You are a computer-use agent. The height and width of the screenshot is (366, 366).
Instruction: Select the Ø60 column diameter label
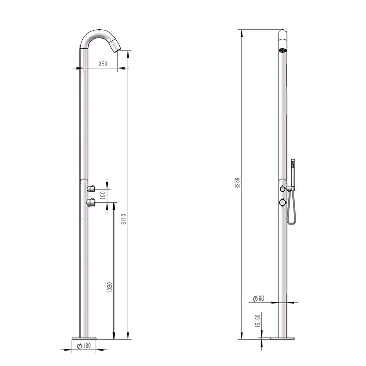[x=258, y=299]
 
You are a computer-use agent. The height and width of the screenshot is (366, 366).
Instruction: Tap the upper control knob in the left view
[x=91, y=188]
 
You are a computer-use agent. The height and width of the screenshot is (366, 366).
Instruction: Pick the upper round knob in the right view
[x=282, y=188]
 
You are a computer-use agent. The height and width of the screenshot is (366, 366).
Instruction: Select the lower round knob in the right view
[x=282, y=201]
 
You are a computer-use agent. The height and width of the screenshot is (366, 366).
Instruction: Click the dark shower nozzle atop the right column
[x=282, y=50]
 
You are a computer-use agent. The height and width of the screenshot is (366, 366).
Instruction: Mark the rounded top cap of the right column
[x=282, y=37]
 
